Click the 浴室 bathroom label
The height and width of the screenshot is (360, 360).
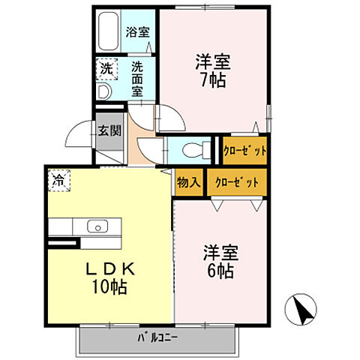137,32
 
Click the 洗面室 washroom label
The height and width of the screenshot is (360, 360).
137,78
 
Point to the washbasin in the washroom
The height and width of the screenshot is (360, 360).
103,91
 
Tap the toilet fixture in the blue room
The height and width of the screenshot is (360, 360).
196,149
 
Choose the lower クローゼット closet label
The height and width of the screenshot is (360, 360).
237,182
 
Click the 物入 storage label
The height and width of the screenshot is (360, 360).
188,182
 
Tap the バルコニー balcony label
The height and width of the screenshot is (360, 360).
157,337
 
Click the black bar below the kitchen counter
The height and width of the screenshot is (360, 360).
62,243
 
